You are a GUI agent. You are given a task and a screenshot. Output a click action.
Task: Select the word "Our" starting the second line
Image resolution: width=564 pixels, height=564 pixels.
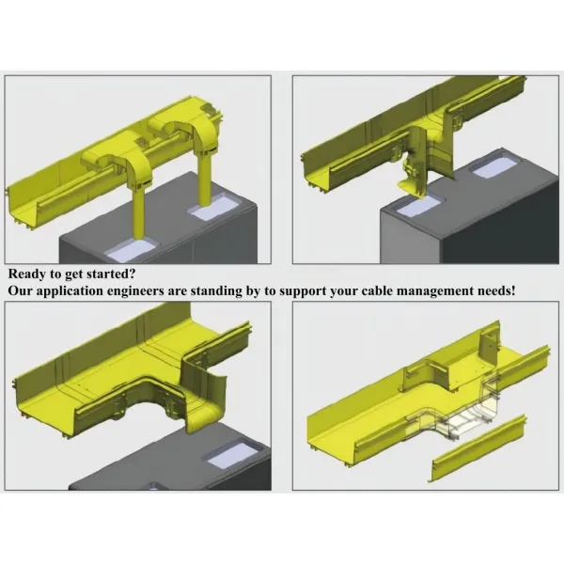[22, 291]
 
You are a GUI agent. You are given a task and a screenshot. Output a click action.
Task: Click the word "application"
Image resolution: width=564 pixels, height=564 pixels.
[74, 291]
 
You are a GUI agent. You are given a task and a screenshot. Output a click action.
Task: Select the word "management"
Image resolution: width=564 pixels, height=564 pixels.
[451, 291]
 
